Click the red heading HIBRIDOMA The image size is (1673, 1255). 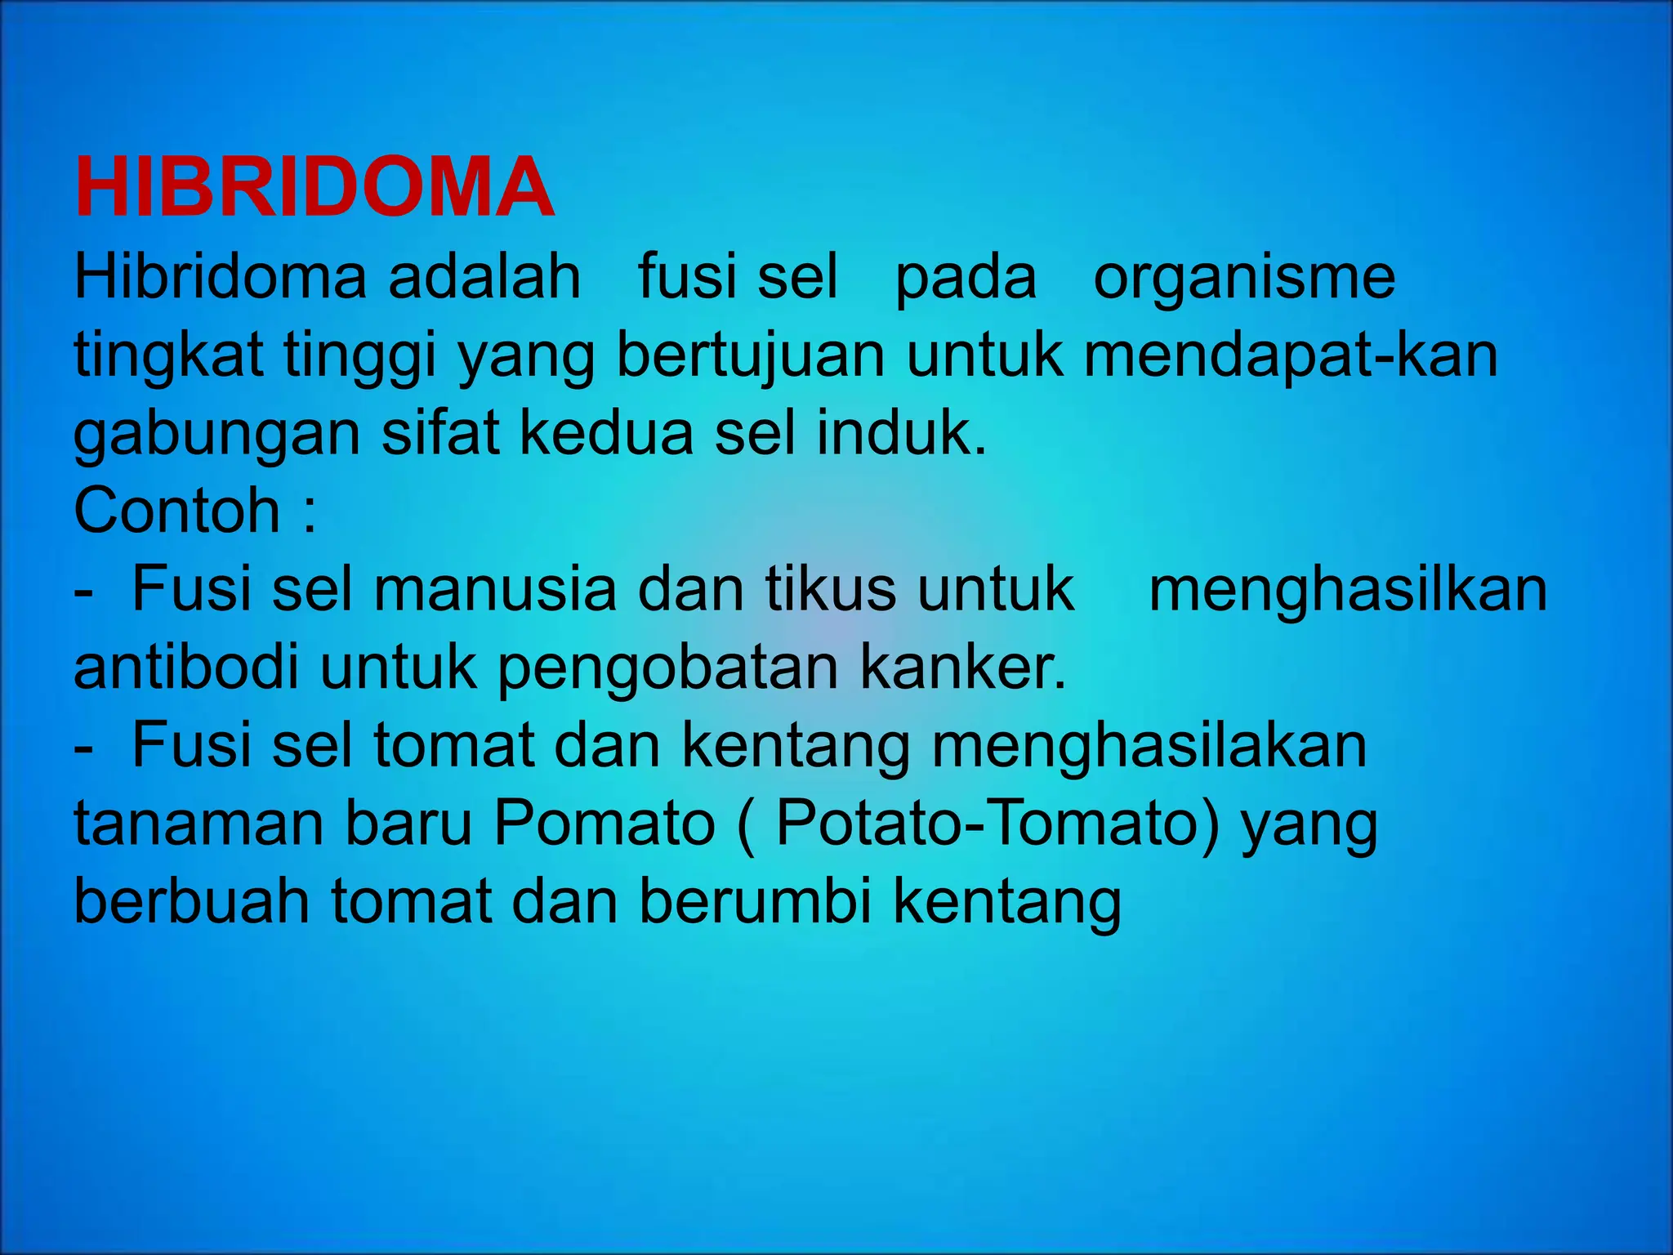pos(315,188)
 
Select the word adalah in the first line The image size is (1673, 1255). pos(484,276)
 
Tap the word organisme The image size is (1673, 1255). pos(1244,278)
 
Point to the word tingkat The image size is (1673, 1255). pos(168,356)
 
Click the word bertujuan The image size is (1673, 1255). pos(750,356)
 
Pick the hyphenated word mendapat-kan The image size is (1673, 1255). pos(1291,356)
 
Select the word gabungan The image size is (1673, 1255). pos(216,435)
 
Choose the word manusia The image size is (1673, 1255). pos(495,590)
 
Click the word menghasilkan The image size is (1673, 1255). pos(1348,590)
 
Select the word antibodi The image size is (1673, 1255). pos(186,668)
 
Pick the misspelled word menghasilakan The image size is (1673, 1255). pos(1149,747)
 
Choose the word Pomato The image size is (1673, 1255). pos(605,824)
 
